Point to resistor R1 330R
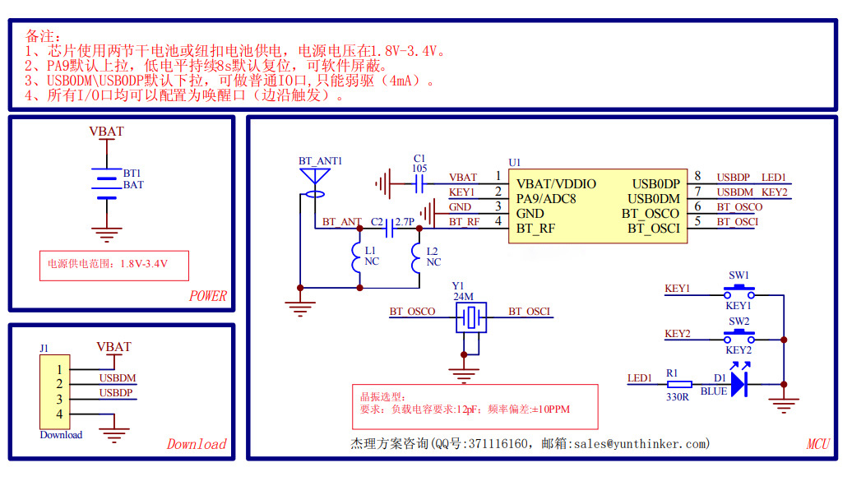pos(679,383)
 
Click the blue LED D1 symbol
pos(738,383)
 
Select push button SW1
pos(739,291)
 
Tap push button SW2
pos(739,337)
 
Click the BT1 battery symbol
pos(106,185)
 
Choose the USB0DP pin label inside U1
pos(655,184)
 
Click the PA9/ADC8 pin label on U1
pos(546,199)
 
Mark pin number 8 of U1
pos(698,176)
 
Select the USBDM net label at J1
pos(118,377)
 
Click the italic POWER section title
pos(207,296)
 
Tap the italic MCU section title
pos(817,444)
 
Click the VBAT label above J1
pos(113,347)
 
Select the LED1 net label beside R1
pos(639,377)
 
